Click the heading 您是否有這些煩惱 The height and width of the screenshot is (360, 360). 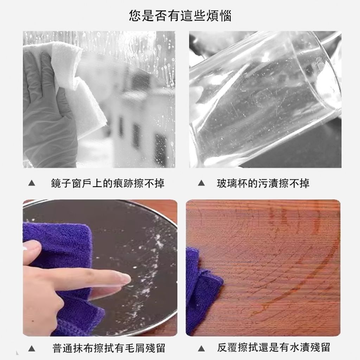point(180,15)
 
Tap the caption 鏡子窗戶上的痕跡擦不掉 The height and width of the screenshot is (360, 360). point(108,183)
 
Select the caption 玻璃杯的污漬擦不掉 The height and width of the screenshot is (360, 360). point(263,183)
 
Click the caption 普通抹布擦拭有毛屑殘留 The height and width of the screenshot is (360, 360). point(109,348)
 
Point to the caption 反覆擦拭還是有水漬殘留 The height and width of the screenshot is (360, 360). point(274,347)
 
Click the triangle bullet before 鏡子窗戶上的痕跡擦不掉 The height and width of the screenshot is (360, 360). point(32,183)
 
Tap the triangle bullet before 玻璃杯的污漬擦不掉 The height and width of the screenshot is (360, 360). point(201,183)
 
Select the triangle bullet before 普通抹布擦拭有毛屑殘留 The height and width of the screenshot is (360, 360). point(32,348)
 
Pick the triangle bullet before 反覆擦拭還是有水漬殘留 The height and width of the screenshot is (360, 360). point(201,348)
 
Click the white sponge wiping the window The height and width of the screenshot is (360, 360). point(76,87)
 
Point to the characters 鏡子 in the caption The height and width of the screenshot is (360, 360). point(61,183)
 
